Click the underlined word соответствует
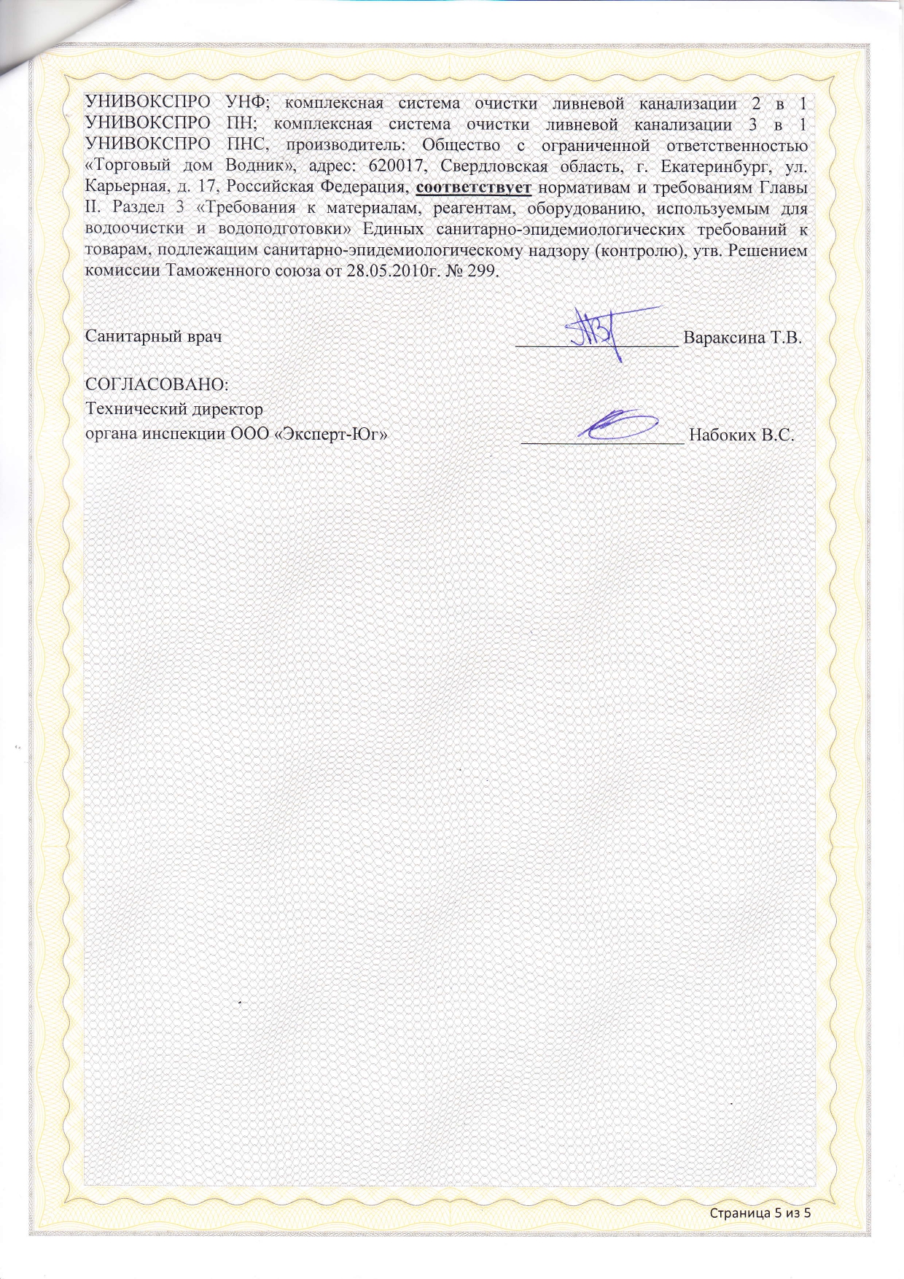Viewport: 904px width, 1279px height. (x=473, y=187)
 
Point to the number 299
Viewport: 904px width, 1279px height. (x=482, y=271)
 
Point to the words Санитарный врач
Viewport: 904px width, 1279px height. (x=154, y=337)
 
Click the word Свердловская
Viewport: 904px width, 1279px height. (x=494, y=166)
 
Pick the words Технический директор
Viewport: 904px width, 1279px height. (x=174, y=409)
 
